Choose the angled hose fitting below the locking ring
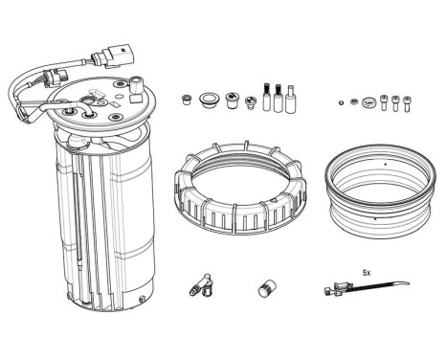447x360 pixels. [197, 285]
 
